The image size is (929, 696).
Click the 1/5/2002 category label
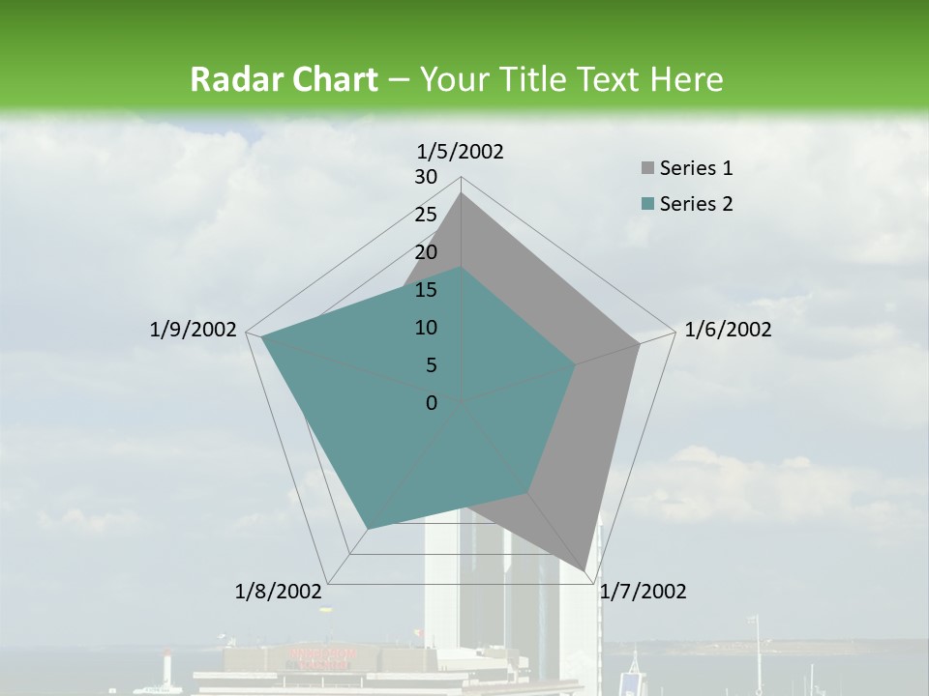[x=461, y=151]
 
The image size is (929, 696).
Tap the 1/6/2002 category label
[x=728, y=330]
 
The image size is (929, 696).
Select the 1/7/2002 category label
[x=643, y=592]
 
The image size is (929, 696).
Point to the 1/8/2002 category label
[x=279, y=592]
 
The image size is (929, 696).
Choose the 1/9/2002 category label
[x=194, y=330]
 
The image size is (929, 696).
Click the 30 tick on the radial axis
[x=426, y=177]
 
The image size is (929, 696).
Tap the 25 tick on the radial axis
[x=426, y=215]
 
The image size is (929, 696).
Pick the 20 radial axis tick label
[x=426, y=252]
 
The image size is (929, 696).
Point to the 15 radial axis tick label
[x=426, y=290]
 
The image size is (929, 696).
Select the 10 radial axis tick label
[x=426, y=328]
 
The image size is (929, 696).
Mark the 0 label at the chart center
[x=432, y=403]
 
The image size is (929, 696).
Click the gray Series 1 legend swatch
[x=648, y=169]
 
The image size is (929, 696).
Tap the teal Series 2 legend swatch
[x=648, y=204]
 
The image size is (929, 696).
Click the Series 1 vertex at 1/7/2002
[x=584, y=569]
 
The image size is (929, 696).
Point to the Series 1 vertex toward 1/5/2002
[x=462, y=193]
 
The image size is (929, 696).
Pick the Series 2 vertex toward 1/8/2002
[x=368, y=529]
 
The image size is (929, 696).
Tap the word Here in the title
[x=688, y=79]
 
